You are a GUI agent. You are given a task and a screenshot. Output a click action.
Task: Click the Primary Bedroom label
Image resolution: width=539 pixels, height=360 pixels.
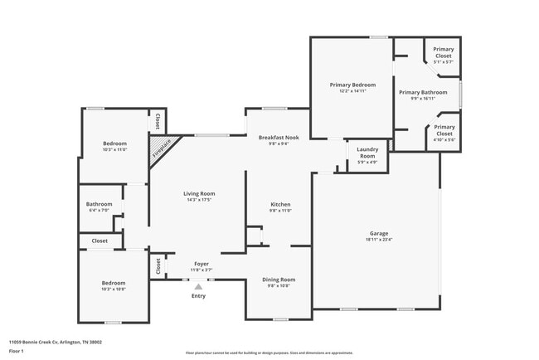[x=352, y=85]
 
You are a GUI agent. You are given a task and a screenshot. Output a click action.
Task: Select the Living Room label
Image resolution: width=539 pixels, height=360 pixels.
[x=199, y=193]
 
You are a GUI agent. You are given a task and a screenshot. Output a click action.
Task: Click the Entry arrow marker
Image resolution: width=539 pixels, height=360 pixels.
[x=198, y=286]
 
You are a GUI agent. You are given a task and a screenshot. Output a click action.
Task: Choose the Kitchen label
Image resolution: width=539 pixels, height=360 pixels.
[x=280, y=204]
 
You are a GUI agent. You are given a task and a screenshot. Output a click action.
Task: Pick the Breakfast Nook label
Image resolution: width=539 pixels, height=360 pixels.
[x=278, y=137]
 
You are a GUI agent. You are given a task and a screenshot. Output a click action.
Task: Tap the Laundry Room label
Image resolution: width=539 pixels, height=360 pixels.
[x=367, y=153]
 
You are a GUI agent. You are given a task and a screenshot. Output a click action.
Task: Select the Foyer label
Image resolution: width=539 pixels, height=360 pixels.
[x=202, y=263]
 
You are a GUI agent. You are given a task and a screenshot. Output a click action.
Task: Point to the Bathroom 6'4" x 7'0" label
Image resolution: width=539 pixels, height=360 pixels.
[x=99, y=204]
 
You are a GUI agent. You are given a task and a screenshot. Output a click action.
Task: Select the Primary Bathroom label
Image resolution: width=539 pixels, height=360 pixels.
[x=423, y=92]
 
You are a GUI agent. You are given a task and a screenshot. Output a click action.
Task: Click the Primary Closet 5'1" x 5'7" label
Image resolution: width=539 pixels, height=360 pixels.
[x=443, y=52]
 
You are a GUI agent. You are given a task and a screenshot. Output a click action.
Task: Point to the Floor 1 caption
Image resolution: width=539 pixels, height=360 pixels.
[x=17, y=351]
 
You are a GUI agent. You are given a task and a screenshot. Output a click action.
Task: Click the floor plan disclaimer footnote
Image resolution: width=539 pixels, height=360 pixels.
[x=269, y=353]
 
